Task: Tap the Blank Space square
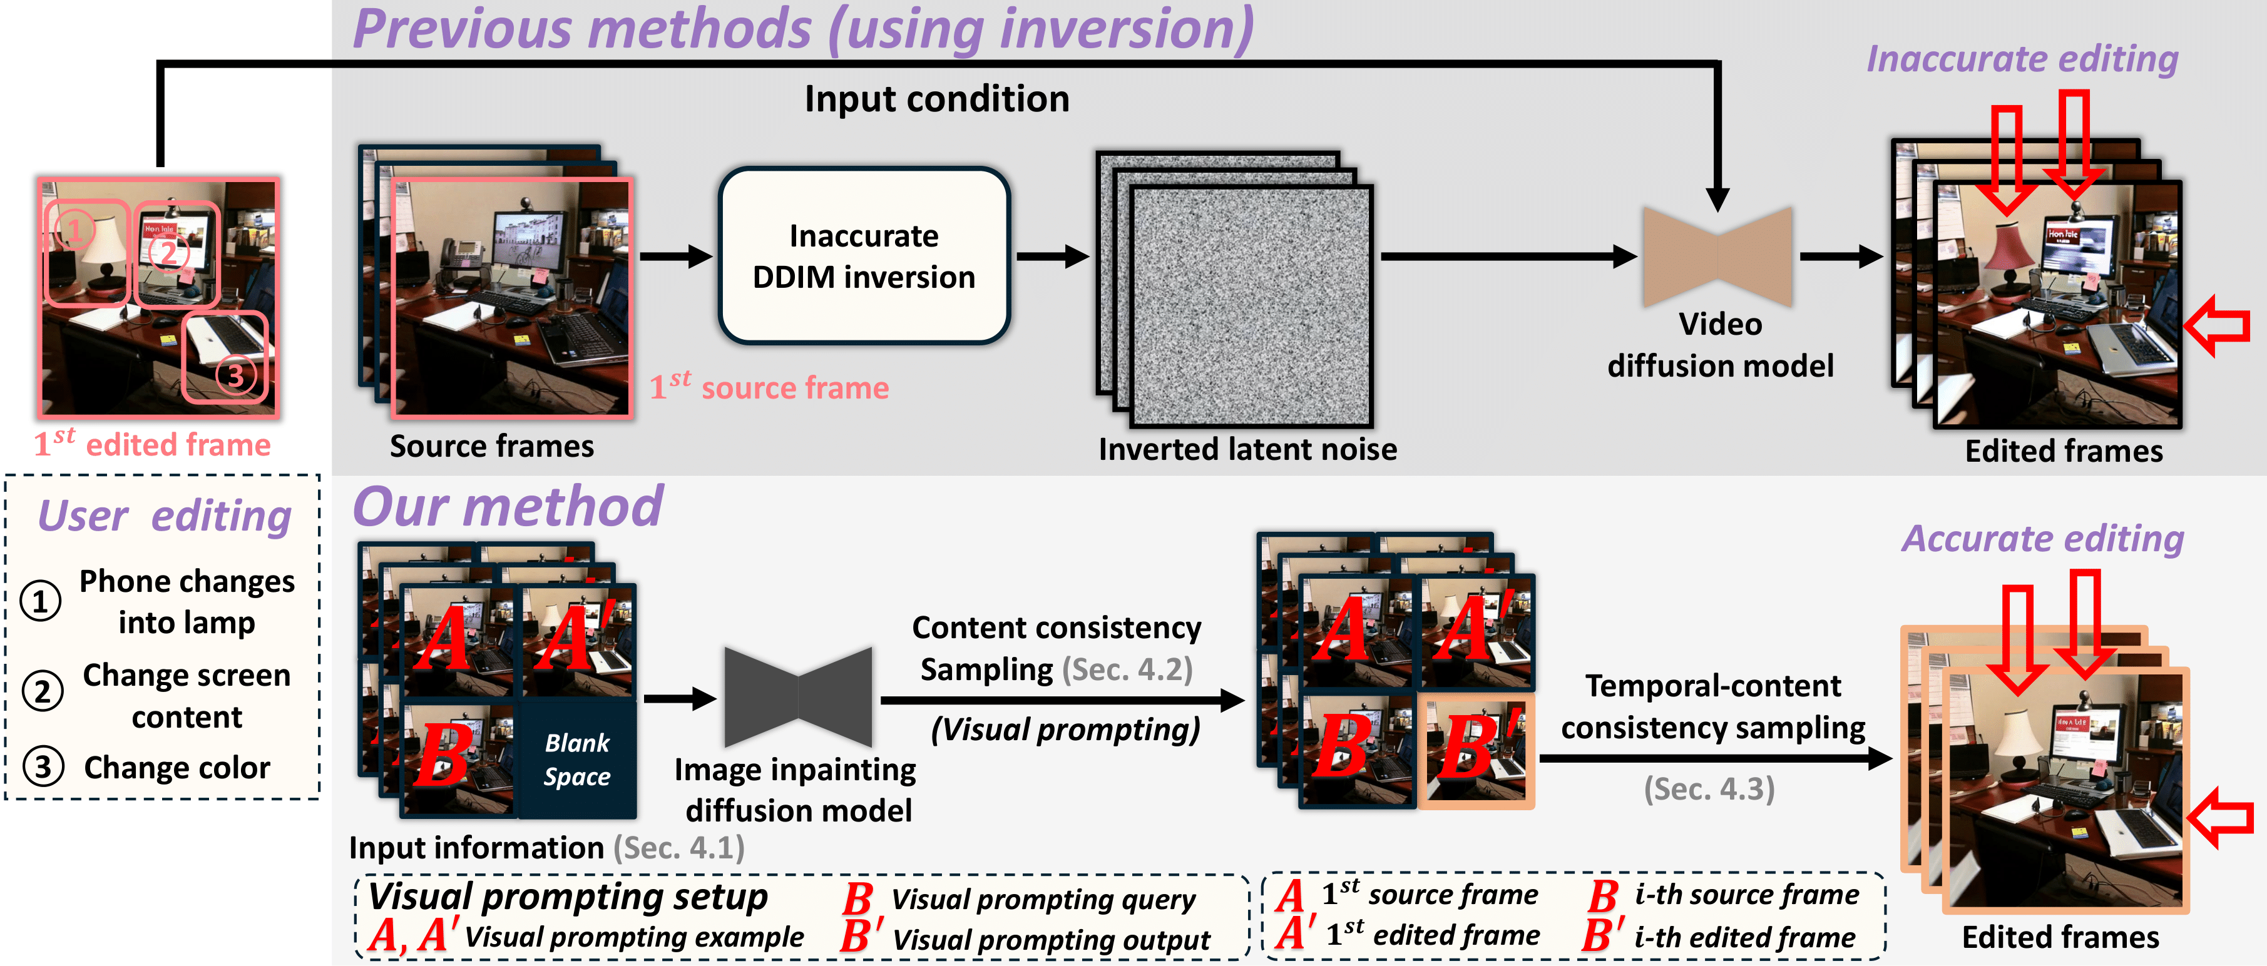coord(577,758)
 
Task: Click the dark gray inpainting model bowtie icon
coord(797,698)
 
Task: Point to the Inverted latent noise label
coord(1247,450)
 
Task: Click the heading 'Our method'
coord(508,507)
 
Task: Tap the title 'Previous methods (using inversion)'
coord(802,29)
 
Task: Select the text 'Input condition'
coord(936,98)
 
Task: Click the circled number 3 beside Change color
coord(42,766)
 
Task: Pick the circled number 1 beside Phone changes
coord(41,602)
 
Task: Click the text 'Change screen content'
coord(187,696)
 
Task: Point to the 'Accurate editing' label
coord(2042,539)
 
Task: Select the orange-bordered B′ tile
coord(1476,750)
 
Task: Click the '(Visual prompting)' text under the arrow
coord(1065,730)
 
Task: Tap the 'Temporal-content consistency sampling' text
coord(1712,706)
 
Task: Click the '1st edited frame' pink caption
coord(152,442)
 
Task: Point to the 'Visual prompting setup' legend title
coord(568,897)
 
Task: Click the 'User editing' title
coord(165,516)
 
